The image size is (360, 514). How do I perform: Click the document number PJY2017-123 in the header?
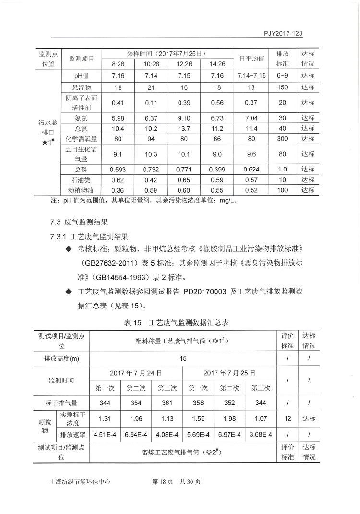click(x=286, y=34)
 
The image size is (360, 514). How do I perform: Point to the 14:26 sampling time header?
click(x=217, y=64)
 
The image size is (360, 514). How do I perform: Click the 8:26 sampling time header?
click(x=118, y=64)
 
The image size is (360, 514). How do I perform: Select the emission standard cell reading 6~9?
click(x=283, y=76)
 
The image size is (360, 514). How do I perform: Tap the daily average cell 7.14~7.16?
click(x=251, y=76)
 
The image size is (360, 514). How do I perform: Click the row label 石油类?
click(x=82, y=180)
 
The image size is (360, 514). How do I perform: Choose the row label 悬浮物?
click(x=82, y=87)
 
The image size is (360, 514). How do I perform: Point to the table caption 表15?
click(x=132, y=323)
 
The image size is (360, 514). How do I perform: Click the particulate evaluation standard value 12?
click(x=288, y=418)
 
